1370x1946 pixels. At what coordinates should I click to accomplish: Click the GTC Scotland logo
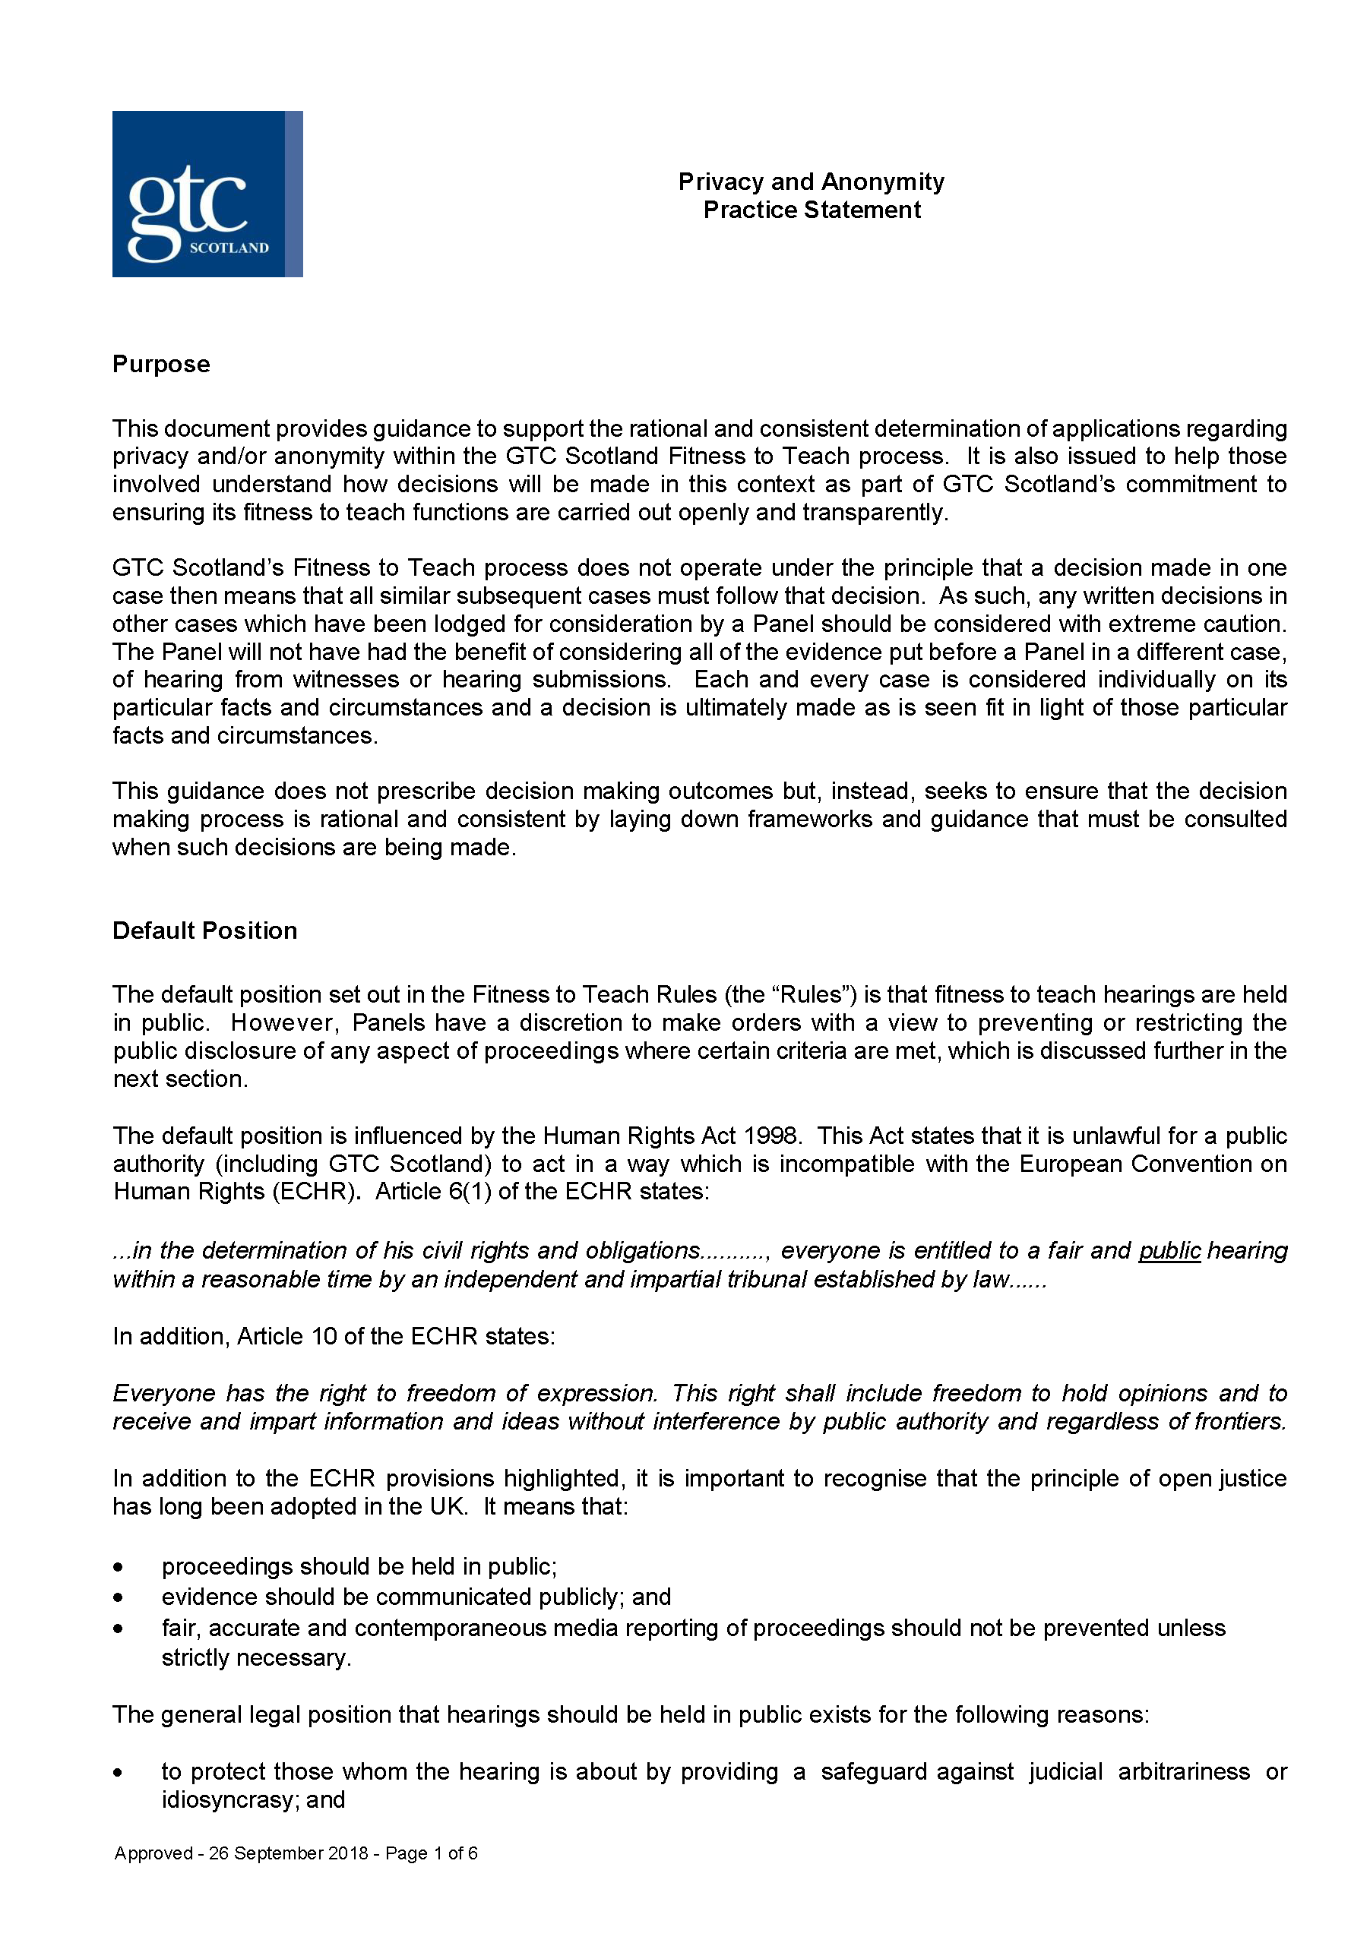click(207, 194)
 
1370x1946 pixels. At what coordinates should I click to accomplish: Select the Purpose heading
click(161, 365)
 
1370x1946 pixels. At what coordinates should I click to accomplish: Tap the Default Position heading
click(204, 930)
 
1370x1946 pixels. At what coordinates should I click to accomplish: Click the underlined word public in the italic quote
click(1169, 1251)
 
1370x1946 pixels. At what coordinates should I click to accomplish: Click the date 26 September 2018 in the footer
click(288, 1853)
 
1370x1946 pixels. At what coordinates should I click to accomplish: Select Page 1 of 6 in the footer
click(431, 1853)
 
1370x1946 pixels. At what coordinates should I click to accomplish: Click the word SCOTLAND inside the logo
click(229, 248)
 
